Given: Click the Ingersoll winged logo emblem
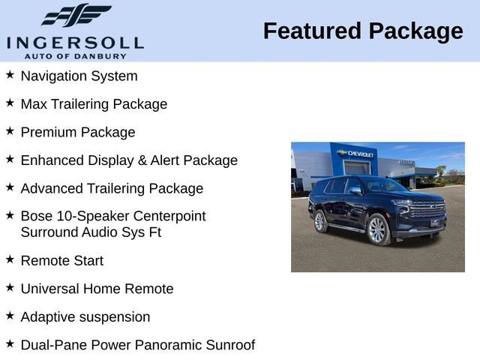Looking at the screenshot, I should click(75, 16).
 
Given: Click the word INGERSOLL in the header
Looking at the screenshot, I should click(74, 42).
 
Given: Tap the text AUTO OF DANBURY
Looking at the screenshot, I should click(74, 55).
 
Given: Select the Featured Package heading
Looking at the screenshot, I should click(363, 31).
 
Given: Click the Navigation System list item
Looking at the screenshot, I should click(79, 76).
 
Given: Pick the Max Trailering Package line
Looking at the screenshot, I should click(94, 104).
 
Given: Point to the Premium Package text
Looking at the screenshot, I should click(78, 132).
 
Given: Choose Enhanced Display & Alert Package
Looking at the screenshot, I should click(129, 160).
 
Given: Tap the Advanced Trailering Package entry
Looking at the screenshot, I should click(112, 188).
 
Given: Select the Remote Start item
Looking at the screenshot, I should click(62, 261).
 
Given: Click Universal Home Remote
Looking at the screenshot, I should click(97, 289).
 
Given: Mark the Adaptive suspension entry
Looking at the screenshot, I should click(85, 316).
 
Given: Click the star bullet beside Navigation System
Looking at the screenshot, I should click(10, 75).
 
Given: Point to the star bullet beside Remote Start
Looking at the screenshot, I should click(10, 260).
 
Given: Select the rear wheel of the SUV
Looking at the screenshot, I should click(320, 220).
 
